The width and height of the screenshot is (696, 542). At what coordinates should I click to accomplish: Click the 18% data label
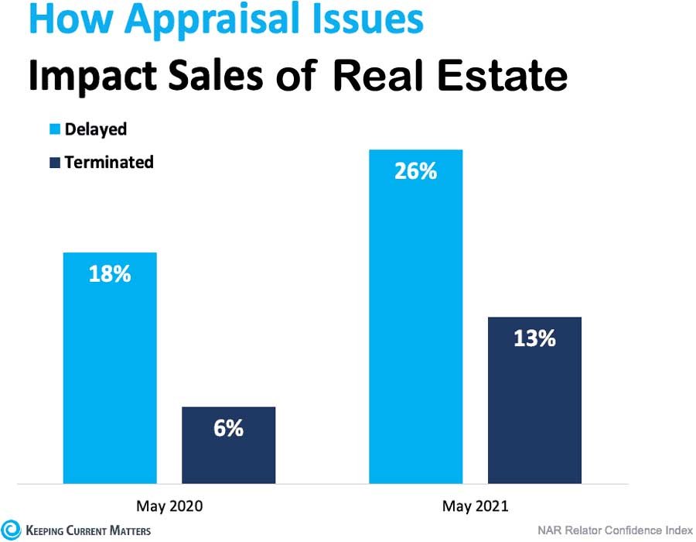(x=109, y=274)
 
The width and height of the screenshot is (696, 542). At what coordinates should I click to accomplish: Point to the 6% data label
(x=228, y=428)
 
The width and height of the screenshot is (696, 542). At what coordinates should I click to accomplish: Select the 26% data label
(x=415, y=171)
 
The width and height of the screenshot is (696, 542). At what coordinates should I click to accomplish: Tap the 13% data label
(x=534, y=338)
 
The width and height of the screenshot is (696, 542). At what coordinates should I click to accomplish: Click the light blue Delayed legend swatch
(x=56, y=130)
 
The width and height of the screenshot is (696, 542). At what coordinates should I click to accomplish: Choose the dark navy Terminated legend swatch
(x=56, y=163)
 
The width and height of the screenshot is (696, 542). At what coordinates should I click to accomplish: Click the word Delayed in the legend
(x=96, y=129)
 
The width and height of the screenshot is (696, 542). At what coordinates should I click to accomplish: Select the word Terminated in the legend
(x=109, y=162)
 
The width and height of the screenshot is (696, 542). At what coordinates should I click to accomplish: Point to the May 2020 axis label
(x=169, y=506)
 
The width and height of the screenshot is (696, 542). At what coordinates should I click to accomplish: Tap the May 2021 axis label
(x=476, y=506)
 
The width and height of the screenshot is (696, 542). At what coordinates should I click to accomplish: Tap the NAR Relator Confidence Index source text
(x=615, y=530)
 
